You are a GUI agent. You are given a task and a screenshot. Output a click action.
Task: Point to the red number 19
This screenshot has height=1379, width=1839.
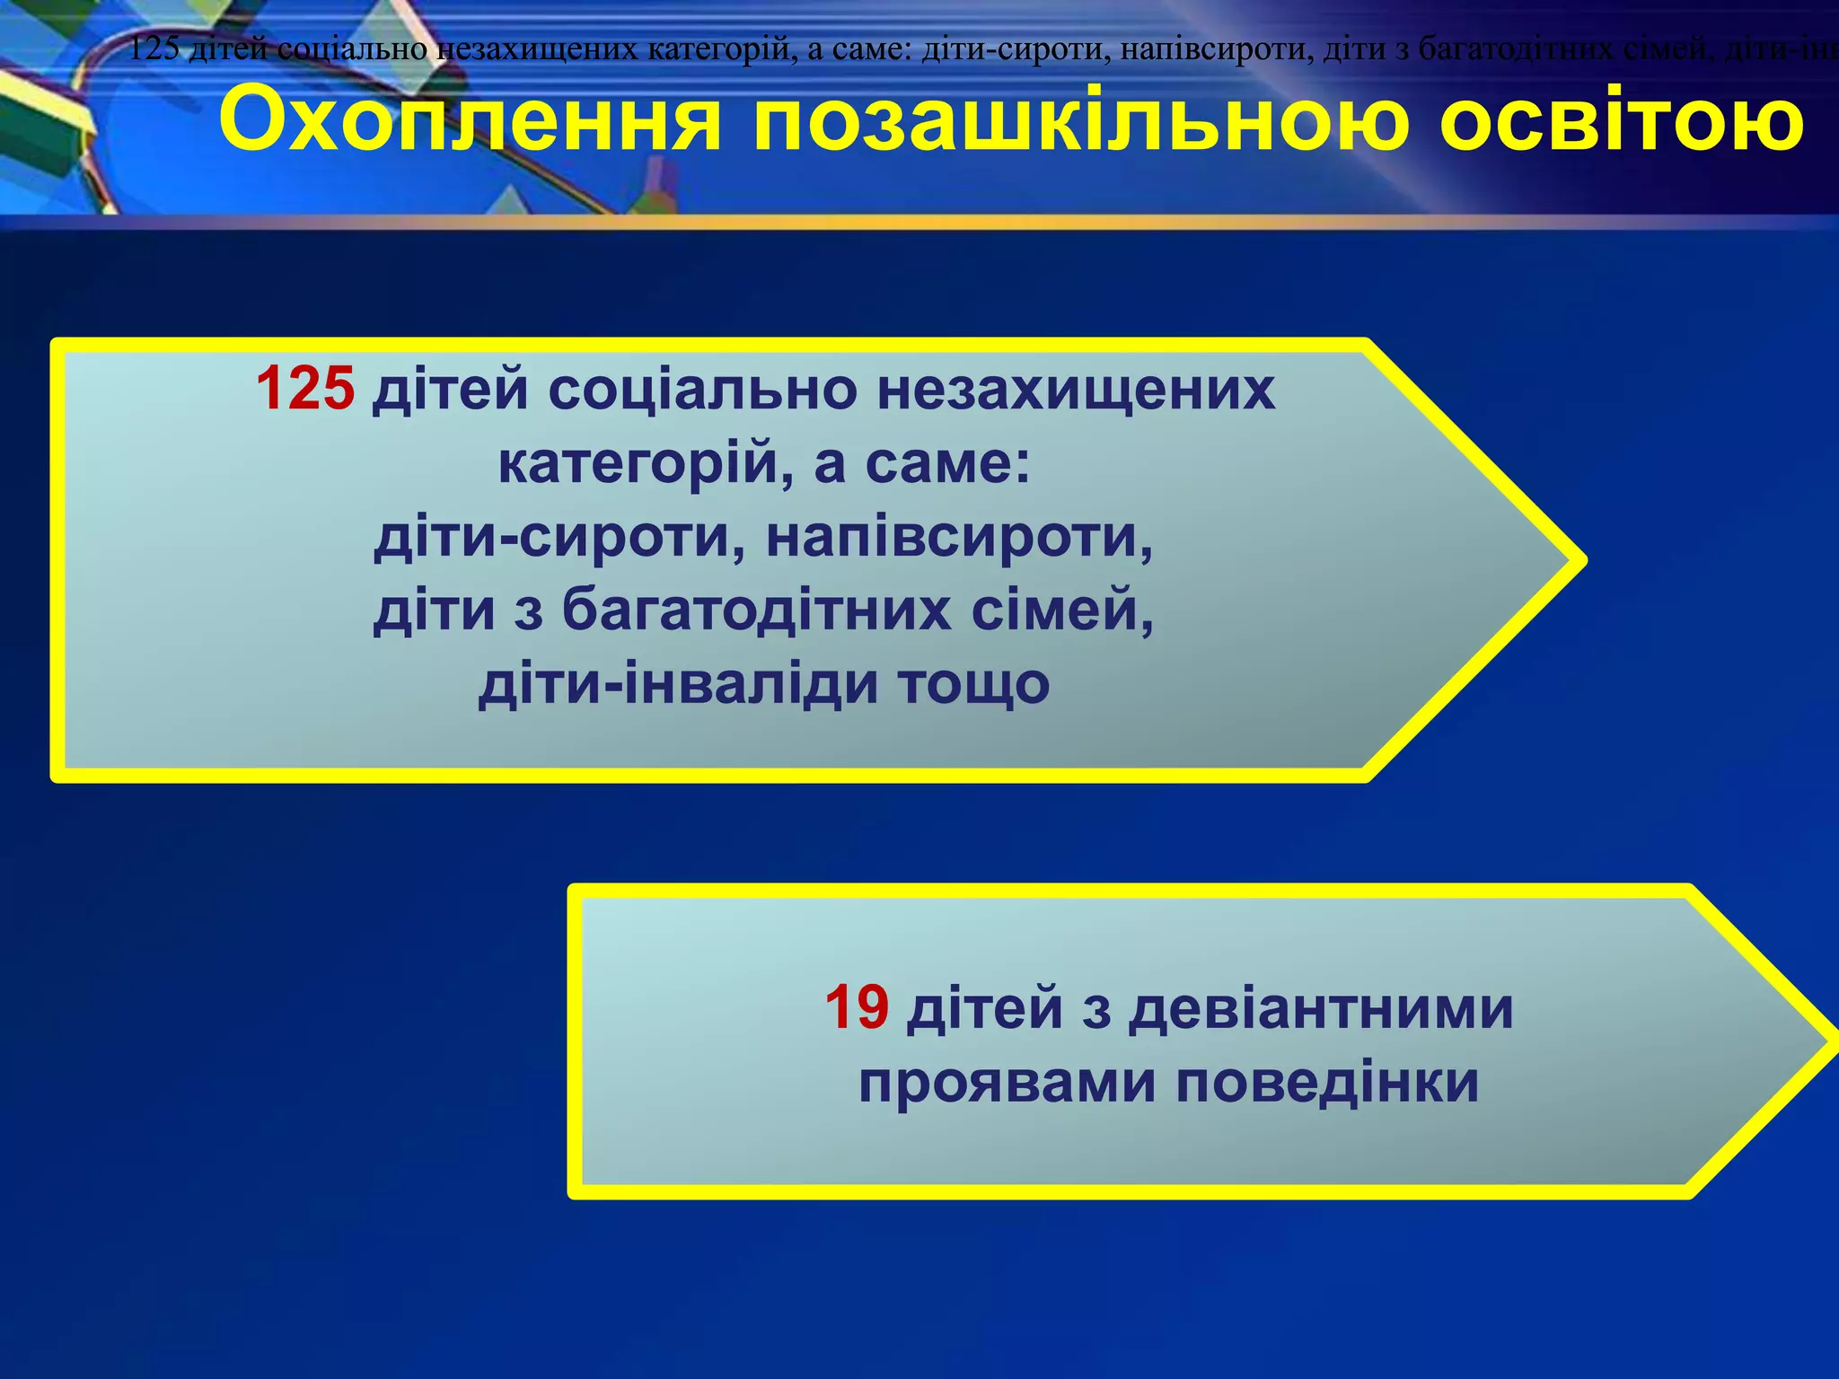tap(857, 1007)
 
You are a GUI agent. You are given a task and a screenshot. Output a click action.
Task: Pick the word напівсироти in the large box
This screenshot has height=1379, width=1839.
tap(960, 538)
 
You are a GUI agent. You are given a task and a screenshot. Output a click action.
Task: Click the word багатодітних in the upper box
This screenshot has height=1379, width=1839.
tap(757, 610)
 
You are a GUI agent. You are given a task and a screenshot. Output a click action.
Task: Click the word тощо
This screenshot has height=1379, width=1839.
tap(975, 684)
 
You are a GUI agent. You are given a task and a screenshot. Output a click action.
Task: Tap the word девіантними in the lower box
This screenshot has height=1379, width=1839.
tap(1321, 1007)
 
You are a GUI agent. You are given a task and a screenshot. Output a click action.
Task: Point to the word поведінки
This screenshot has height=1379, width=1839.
tap(1327, 1083)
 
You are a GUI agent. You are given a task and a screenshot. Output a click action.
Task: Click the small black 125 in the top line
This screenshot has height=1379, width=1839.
tap(154, 48)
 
